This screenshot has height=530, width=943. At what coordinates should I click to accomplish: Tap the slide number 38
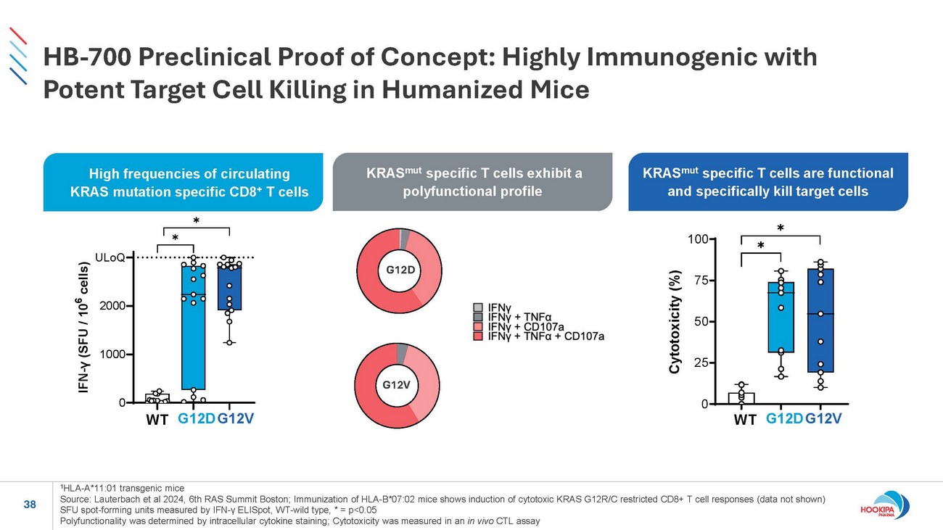pos(30,505)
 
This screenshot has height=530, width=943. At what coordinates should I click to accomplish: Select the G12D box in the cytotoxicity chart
pos(781,317)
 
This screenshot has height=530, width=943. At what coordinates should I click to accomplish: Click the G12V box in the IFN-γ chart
pos(229,288)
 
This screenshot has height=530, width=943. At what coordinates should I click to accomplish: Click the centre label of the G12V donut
pos(396,384)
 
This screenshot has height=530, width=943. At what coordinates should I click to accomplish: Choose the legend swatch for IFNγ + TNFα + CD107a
pos(477,336)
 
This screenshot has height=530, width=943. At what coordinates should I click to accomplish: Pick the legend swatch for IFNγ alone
pos(477,307)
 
